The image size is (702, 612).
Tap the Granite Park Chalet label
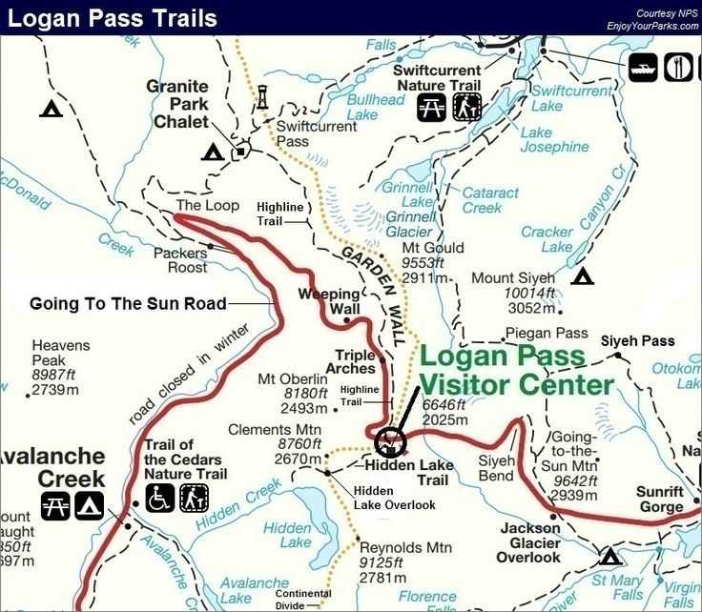point(177,104)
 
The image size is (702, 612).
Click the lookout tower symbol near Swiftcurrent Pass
point(262,96)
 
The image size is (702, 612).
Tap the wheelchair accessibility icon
point(160,498)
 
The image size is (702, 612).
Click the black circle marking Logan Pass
point(390,442)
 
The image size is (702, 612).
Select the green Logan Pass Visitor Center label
point(517,372)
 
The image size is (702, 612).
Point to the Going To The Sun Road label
point(128,304)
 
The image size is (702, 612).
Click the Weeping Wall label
point(329,302)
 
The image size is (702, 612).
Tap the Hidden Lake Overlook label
point(395,497)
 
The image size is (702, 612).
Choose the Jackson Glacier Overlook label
point(529,542)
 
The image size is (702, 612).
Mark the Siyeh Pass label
point(637,340)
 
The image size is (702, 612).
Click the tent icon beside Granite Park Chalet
point(212,152)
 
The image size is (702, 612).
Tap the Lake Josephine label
point(555,140)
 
